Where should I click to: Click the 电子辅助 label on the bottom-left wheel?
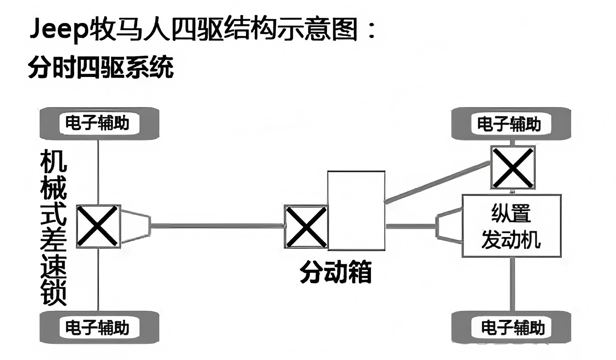coord(97,327)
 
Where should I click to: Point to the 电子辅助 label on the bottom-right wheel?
coord(513,327)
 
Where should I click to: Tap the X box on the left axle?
coord(98,226)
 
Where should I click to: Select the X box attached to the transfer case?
coord(306,226)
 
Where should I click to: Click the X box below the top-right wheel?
coord(513,167)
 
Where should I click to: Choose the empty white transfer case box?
coord(356,210)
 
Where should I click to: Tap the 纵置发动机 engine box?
coord(511,226)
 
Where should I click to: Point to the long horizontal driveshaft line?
coord(216,225)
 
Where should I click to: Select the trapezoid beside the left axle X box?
coord(136,226)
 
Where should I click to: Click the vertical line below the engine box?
coord(512,283)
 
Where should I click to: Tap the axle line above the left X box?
coord(98,171)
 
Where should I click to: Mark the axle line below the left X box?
coord(98,279)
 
